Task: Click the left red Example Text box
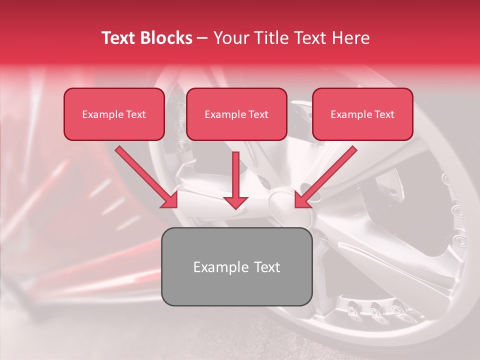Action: pos(114,114)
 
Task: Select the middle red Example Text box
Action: pos(236,114)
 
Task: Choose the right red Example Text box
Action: pos(362,114)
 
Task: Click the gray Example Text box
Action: pos(237,266)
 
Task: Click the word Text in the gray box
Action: pos(266,267)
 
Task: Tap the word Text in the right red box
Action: pos(384,114)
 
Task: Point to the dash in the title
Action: pos(202,38)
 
